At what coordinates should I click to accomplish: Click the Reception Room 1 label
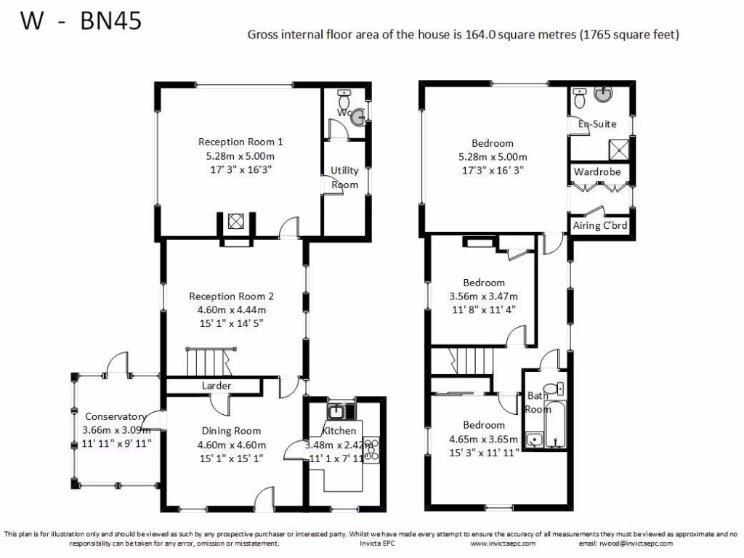(240, 142)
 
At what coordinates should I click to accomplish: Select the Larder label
(216, 385)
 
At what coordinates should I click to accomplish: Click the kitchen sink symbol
(336, 412)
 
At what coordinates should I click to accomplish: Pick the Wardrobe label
(597, 172)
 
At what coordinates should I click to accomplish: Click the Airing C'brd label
(599, 225)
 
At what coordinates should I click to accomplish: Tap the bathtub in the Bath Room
(554, 424)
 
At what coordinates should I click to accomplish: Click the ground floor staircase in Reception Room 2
(207, 360)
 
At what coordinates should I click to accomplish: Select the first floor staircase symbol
(470, 360)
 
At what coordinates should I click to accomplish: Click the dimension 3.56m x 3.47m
(484, 296)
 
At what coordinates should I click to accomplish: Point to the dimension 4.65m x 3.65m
(484, 439)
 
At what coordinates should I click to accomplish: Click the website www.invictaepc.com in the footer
(503, 543)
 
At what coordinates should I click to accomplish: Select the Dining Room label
(231, 431)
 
